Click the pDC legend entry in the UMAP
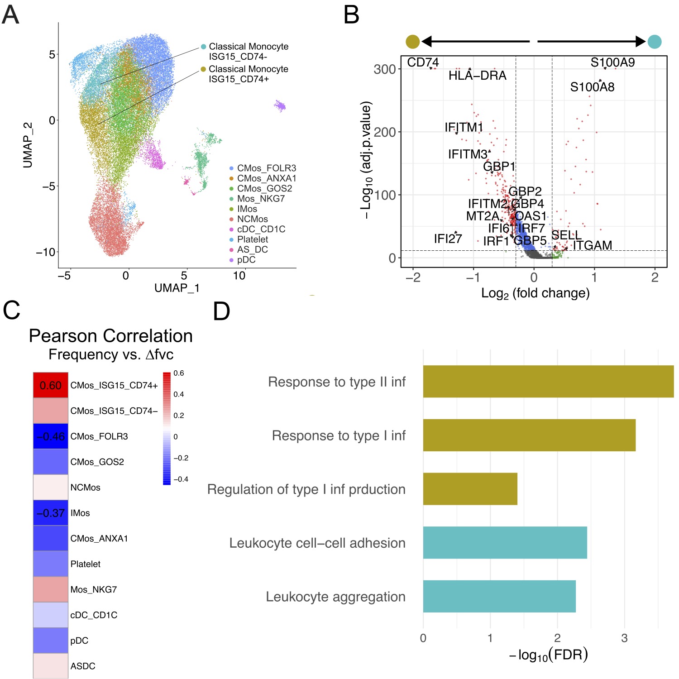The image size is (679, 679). point(246,260)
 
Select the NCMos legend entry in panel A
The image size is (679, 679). point(252,219)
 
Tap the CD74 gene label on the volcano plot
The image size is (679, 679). point(423,62)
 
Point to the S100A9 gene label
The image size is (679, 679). point(612,62)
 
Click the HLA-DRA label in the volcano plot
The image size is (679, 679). point(477,76)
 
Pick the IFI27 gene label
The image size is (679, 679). point(448,239)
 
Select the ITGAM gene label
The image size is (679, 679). point(592,245)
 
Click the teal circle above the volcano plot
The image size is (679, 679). point(654,42)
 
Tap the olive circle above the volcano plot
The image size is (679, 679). point(413,42)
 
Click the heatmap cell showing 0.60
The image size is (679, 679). point(51,385)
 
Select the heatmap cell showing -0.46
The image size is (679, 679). point(51,436)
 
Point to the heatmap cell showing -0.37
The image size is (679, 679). point(51,513)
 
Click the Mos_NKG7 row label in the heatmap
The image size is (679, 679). point(94,589)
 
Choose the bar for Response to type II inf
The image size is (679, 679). point(548,382)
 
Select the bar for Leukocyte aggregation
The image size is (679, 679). point(499,596)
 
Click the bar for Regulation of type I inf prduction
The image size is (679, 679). point(470,489)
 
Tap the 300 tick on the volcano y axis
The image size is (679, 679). point(385,69)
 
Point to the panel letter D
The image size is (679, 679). point(221,311)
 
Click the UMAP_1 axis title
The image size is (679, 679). point(177,288)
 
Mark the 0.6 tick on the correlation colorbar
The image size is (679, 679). point(179,373)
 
